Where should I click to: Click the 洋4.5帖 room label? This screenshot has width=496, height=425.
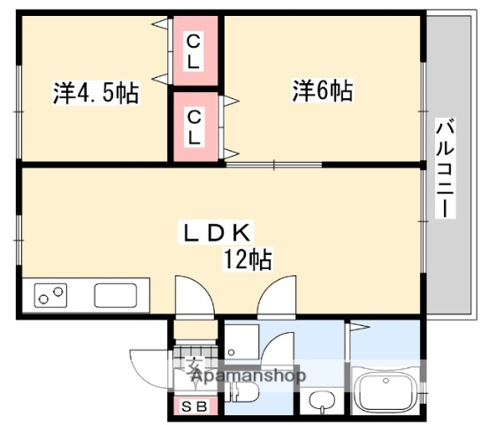click(x=95, y=93)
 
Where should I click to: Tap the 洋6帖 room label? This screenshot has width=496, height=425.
click(x=323, y=90)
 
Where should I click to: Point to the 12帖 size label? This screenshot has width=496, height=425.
click(x=247, y=259)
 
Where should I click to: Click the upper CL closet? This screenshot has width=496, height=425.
click(x=195, y=50)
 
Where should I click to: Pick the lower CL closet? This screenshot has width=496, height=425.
click(x=195, y=125)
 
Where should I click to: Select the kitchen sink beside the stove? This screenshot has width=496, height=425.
click(x=115, y=295)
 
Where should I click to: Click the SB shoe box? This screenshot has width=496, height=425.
click(x=195, y=406)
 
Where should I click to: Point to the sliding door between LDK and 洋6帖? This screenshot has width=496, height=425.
click(x=274, y=165)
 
